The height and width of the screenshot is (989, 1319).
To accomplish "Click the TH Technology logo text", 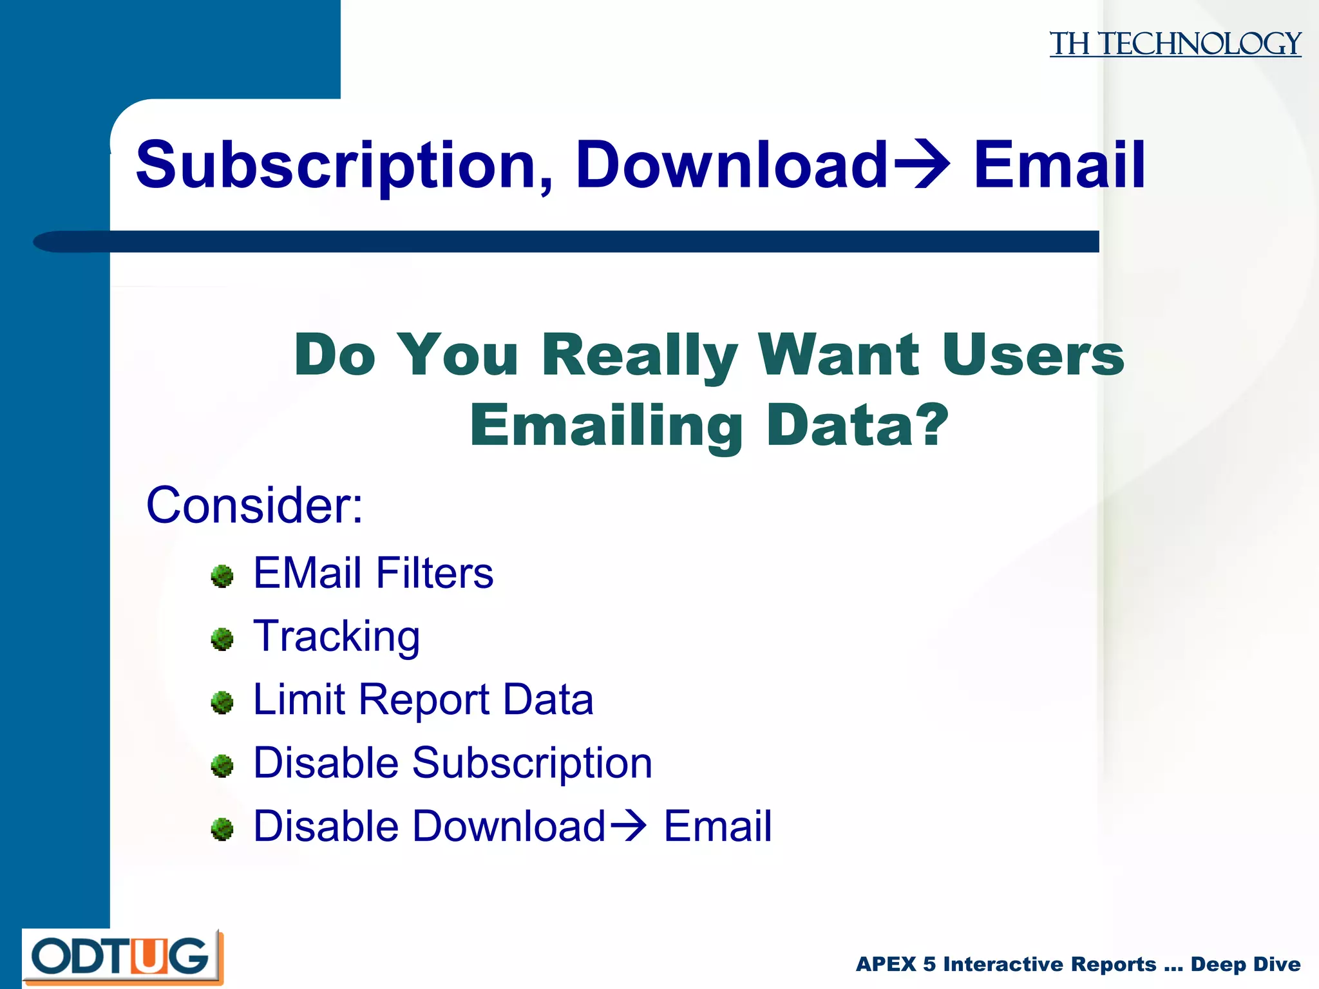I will pos(1175,44).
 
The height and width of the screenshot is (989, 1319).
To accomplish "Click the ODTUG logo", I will pos(122,957).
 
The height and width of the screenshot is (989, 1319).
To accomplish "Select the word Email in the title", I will pos(1059,165).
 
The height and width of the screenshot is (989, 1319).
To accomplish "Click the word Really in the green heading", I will pos(640,355).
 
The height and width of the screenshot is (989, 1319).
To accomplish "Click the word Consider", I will pos(254,505).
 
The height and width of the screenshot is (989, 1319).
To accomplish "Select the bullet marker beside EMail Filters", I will pos(222,576).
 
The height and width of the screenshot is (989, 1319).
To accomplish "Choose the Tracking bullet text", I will pos(336,637).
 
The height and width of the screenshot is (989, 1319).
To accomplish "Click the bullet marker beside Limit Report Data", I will pos(222,702).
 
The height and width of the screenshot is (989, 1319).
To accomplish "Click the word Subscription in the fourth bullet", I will pos(532,764).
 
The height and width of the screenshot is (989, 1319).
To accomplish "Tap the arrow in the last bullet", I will pos(628,825).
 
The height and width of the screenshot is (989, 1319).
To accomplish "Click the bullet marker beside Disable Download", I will pos(222,829).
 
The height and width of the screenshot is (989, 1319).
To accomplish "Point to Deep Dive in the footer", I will pos(1246,965).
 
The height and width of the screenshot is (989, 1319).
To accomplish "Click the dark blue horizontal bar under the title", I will pos(580,241).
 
